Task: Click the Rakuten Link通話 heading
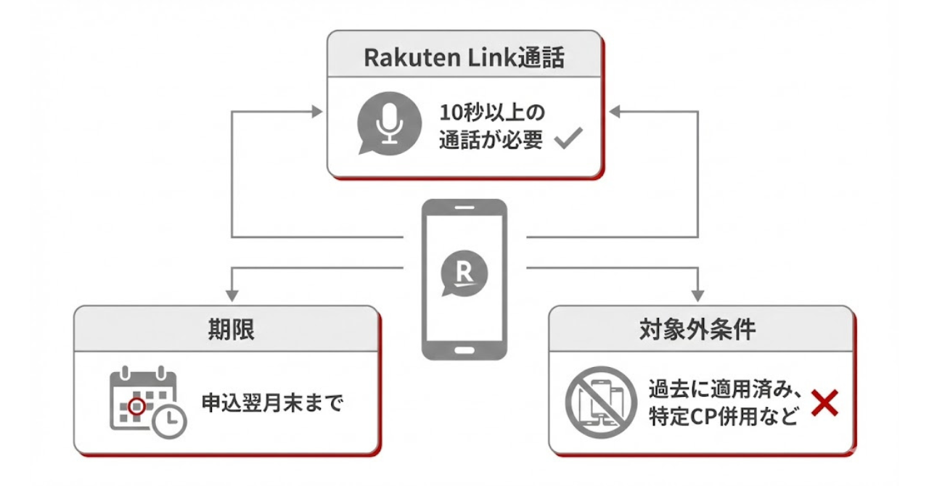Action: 464,58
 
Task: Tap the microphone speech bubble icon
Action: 389,123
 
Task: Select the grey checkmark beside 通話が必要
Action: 568,137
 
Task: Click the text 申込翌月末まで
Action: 271,403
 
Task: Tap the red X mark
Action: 824,403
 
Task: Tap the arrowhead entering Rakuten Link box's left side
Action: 316,112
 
